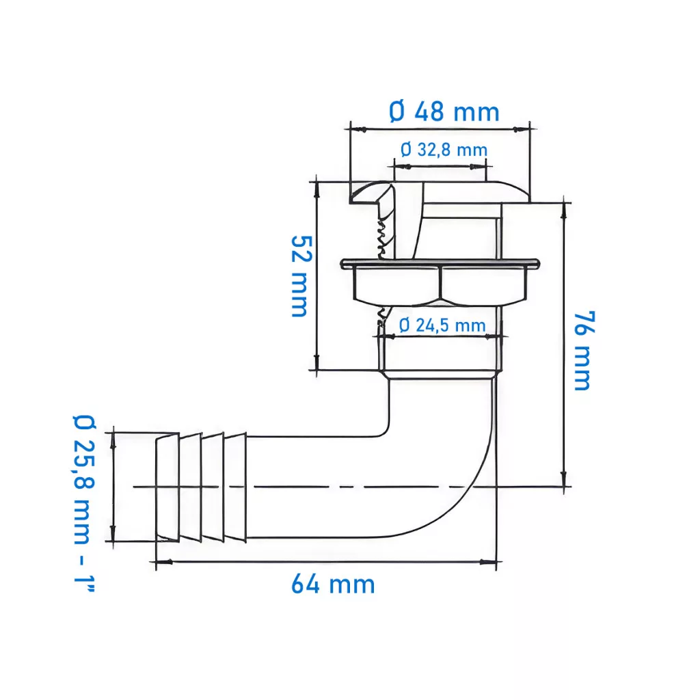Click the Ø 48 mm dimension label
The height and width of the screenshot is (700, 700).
click(x=444, y=111)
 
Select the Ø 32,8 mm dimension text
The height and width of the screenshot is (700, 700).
click(x=444, y=150)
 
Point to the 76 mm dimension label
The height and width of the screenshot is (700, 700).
click(x=584, y=351)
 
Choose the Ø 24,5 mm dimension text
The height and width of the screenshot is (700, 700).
click(x=442, y=325)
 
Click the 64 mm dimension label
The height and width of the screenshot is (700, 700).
click(x=333, y=584)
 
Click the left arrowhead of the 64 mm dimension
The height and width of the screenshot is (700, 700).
click(x=163, y=562)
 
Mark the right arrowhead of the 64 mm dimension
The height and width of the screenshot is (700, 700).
click(x=488, y=562)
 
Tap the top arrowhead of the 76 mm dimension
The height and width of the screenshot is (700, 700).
click(x=564, y=211)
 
